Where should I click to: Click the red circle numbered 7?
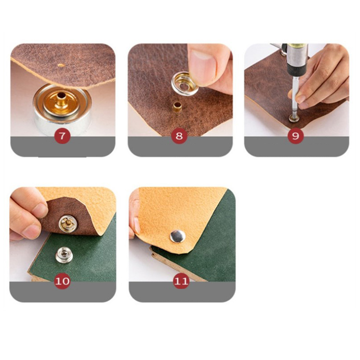[62, 136]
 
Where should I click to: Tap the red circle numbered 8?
[179, 136]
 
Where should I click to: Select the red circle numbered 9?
[296, 136]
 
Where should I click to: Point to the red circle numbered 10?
[62, 281]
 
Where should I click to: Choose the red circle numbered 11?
[181, 281]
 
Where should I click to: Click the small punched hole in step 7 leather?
[61, 65]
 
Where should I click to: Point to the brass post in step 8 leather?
[177, 107]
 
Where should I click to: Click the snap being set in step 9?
[294, 118]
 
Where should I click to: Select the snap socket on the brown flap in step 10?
[68, 223]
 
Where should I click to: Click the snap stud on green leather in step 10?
[64, 255]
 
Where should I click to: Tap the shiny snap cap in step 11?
[178, 236]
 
